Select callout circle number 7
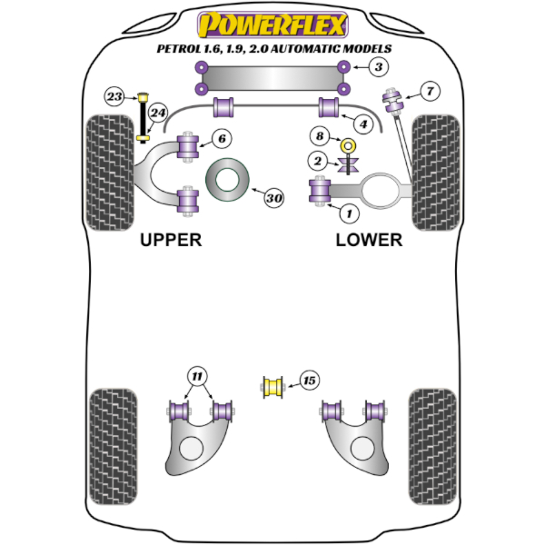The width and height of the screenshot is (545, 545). pos(429,90)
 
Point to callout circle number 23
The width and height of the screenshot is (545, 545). pos(115,96)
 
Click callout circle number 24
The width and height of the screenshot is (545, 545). pos(159,114)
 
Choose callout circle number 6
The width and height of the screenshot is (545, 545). pos(223,138)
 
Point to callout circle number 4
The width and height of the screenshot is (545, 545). pos(362,124)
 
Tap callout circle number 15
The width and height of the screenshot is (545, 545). pos(310,381)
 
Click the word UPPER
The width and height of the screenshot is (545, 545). pos(171,240)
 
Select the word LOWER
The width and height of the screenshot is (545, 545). pos(369,240)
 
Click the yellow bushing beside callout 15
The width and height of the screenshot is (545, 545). pos(273,387)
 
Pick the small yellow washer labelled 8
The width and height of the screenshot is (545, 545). pos(346,145)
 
